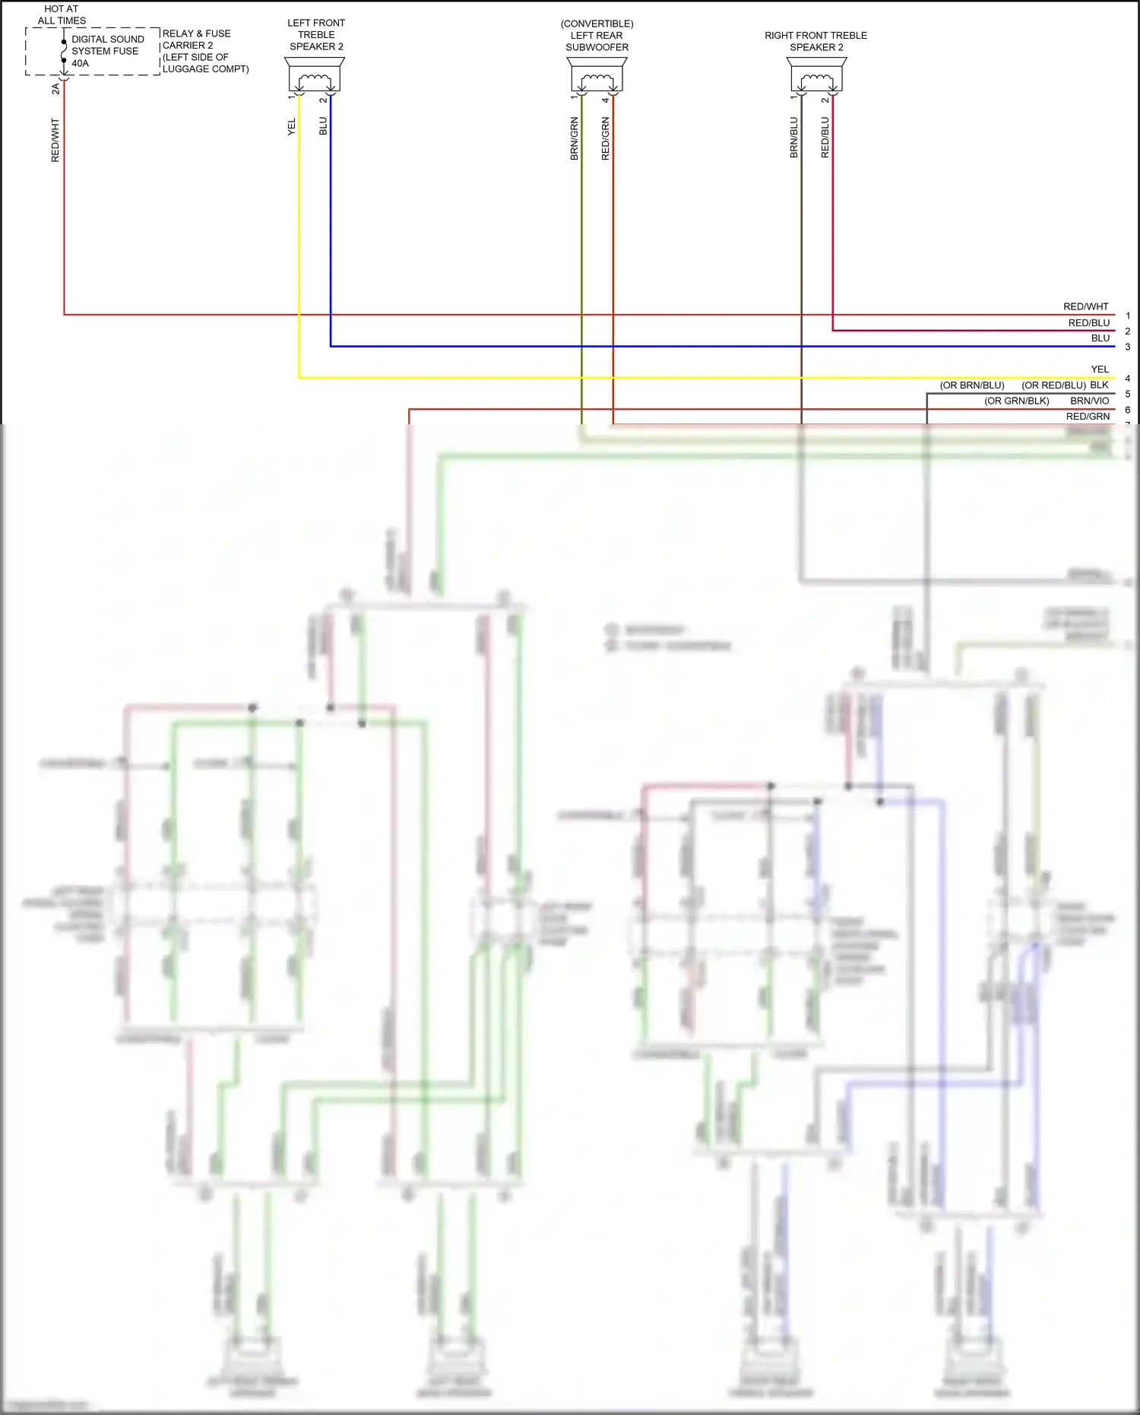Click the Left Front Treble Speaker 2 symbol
(x=315, y=76)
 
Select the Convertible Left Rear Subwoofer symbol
(x=597, y=76)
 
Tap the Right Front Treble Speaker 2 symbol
(x=816, y=76)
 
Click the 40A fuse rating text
(x=81, y=63)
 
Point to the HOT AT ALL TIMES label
(x=62, y=14)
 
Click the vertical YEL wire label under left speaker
(x=292, y=127)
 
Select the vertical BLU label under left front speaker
(x=323, y=126)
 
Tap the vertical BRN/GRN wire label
(x=575, y=138)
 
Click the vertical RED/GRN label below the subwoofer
(x=606, y=138)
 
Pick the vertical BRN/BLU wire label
(x=794, y=137)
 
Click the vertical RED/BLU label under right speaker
(x=825, y=137)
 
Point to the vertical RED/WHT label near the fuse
(x=55, y=140)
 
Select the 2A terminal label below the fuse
(x=55, y=89)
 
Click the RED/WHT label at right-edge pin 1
(x=1085, y=306)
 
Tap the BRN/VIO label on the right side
(x=1089, y=401)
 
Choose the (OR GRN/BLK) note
(x=1016, y=401)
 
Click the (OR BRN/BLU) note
(x=971, y=385)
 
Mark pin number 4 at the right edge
(x=1128, y=378)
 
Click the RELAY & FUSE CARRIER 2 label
(x=196, y=40)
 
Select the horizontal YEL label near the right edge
(x=1100, y=370)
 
